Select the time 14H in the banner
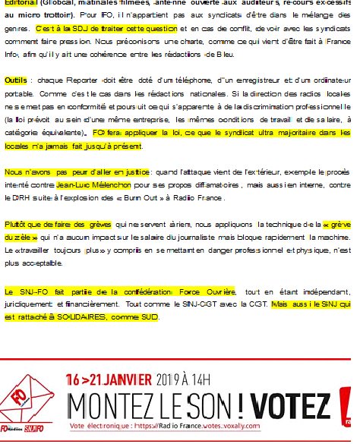[x=216, y=378]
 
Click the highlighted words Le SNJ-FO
[x=26, y=291]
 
